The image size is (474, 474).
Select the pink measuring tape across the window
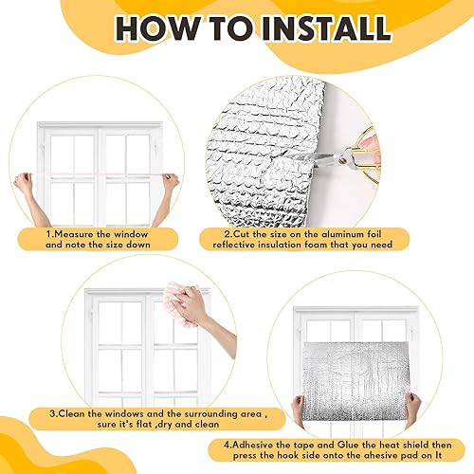[x=95, y=177]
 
